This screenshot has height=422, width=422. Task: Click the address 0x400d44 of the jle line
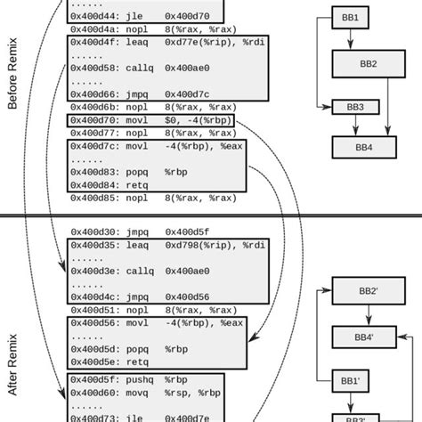[x=95, y=15]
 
